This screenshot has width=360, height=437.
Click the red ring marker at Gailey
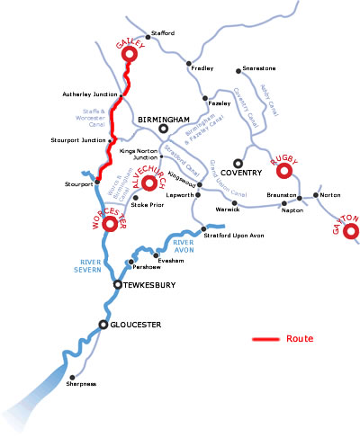click(129, 55)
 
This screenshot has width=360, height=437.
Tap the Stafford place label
click(163, 33)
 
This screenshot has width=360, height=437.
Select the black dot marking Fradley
click(189, 64)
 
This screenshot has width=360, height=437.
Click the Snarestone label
click(256, 68)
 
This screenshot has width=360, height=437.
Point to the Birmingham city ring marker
click(163, 129)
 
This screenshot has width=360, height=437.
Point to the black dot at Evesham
click(157, 254)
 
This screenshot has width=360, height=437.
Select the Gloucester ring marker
click(104, 325)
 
